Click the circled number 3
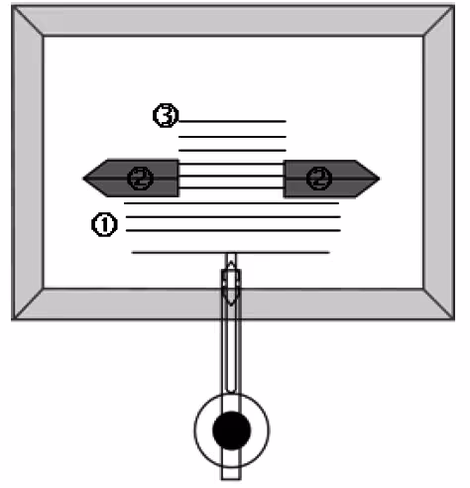(x=166, y=115)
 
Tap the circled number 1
(x=104, y=225)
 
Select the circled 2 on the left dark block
(x=141, y=179)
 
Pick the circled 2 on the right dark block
(x=319, y=179)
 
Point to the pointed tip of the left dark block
(x=83, y=179)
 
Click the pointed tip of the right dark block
(x=380, y=179)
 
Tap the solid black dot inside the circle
(x=232, y=430)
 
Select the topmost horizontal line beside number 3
(x=232, y=121)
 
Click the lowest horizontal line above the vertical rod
(x=231, y=253)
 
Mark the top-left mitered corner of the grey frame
(x=13, y=6)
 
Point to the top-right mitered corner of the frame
(x=453, y=6)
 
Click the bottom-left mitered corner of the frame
(x=13, y=319)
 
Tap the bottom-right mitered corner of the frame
(x=453, y=319)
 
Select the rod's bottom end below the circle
(x=231, y=478)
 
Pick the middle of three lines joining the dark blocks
(x=231, y=177)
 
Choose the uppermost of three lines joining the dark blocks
(x=231, y=164)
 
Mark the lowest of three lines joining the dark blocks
(x=231, y=188)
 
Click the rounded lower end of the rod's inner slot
(x=231, y=392)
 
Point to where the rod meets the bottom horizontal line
(x=231, y=253)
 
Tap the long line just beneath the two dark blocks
(x=231, y=203)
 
